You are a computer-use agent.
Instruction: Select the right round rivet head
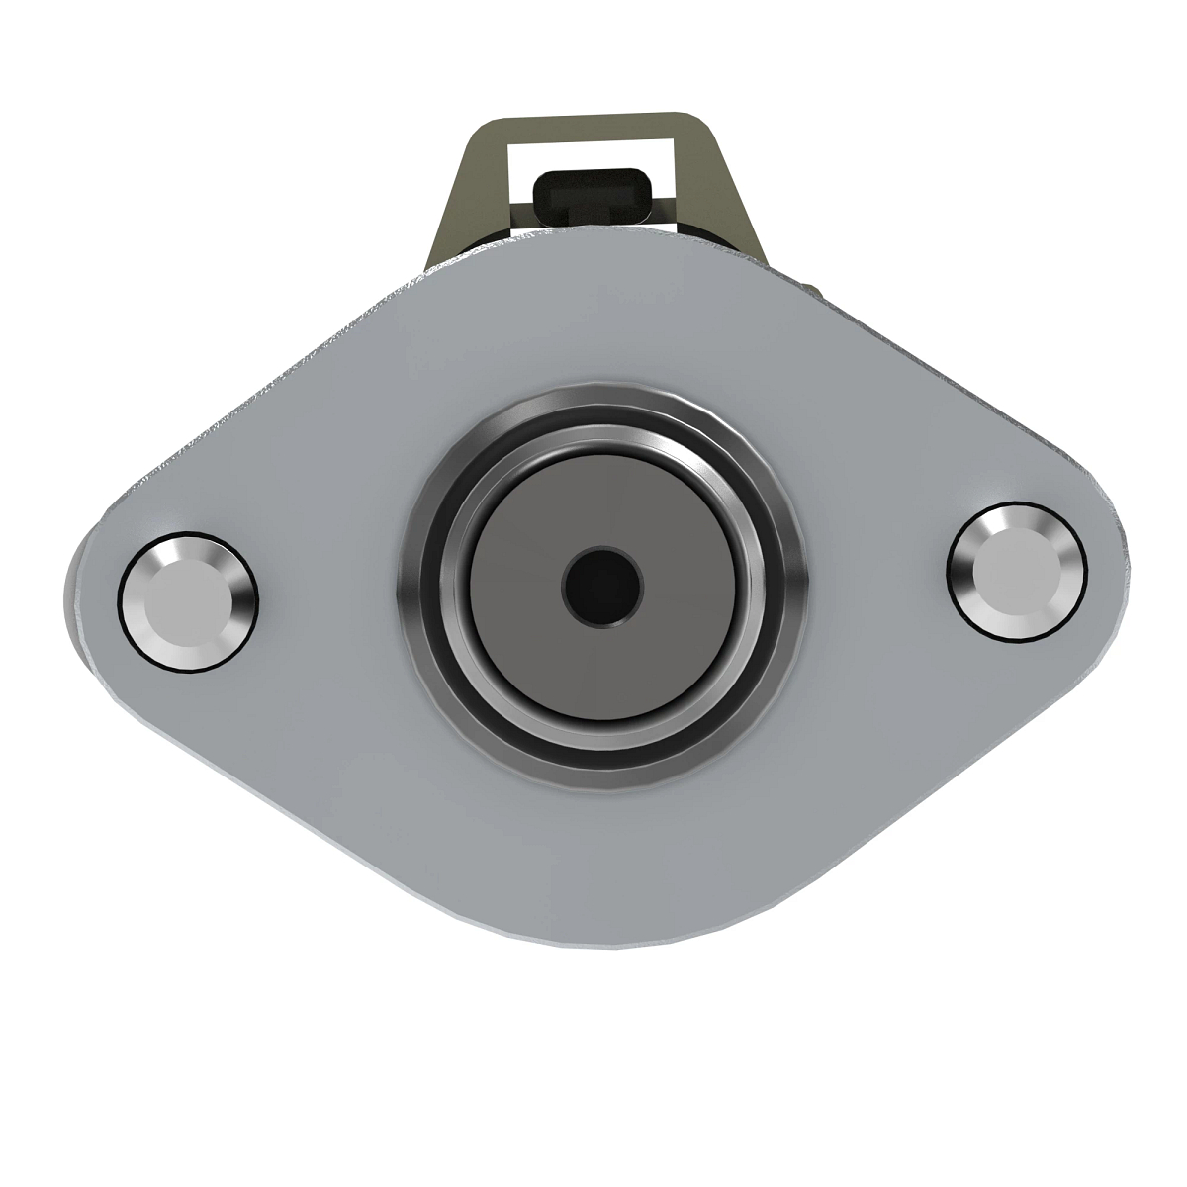(x=1017, y=571)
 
